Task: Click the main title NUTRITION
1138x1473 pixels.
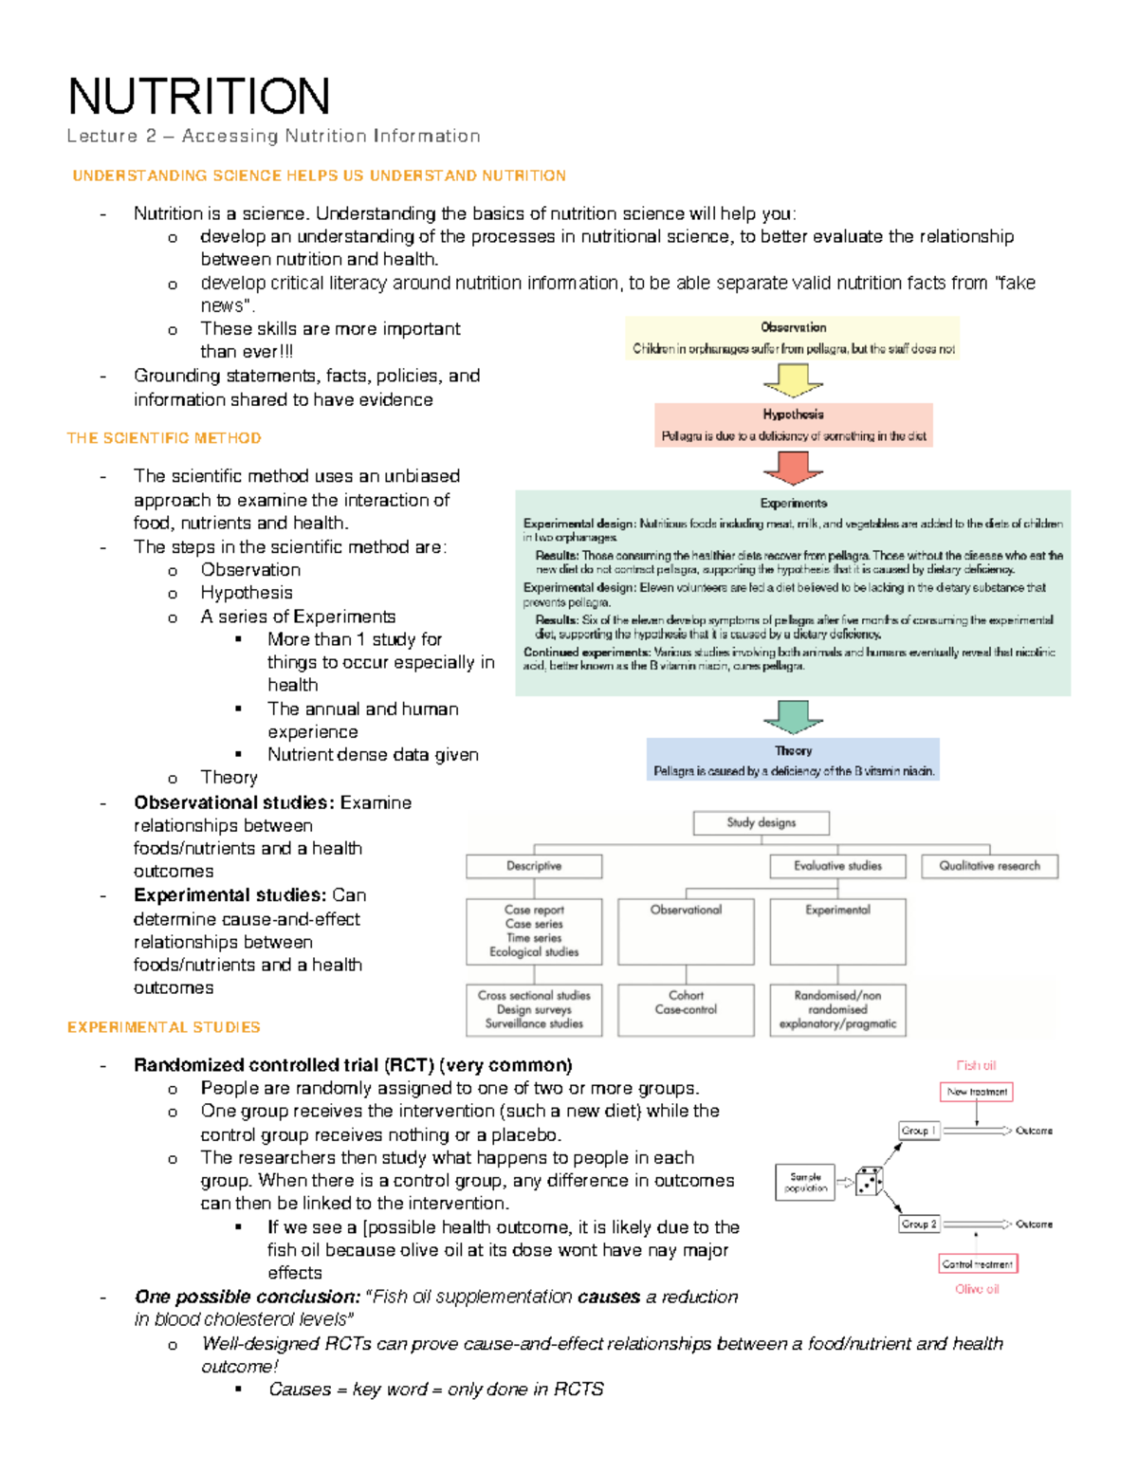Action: [199, 97]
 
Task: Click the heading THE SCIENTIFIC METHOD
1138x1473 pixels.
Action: [164, 438]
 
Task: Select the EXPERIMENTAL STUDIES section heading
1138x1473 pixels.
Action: [164, 1027]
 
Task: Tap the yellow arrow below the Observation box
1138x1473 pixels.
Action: [793, 380]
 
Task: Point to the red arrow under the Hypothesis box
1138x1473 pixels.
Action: [793, 467]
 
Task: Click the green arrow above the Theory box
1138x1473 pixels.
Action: [793, 716]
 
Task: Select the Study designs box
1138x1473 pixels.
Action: [761, 823]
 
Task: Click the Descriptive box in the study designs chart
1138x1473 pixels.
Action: [534, 866]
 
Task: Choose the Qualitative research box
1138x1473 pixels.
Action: [989, 866]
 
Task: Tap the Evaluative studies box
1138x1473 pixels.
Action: [837, 866]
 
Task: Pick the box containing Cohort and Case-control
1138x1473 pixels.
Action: [686, 1009]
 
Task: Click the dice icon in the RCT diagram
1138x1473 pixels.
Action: [869, 1182]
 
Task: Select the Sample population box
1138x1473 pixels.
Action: [805, 1182]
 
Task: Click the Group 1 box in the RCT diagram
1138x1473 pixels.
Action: [918, 1131]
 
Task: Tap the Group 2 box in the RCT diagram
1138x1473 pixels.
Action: [918, 1224]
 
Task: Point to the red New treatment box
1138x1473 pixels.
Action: [976, 1092]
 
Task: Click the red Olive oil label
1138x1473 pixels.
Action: [977, 1289]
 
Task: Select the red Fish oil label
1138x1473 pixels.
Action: [976, 1066]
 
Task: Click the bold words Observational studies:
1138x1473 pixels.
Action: [234, 802]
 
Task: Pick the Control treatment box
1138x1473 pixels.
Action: [977, 1264]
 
